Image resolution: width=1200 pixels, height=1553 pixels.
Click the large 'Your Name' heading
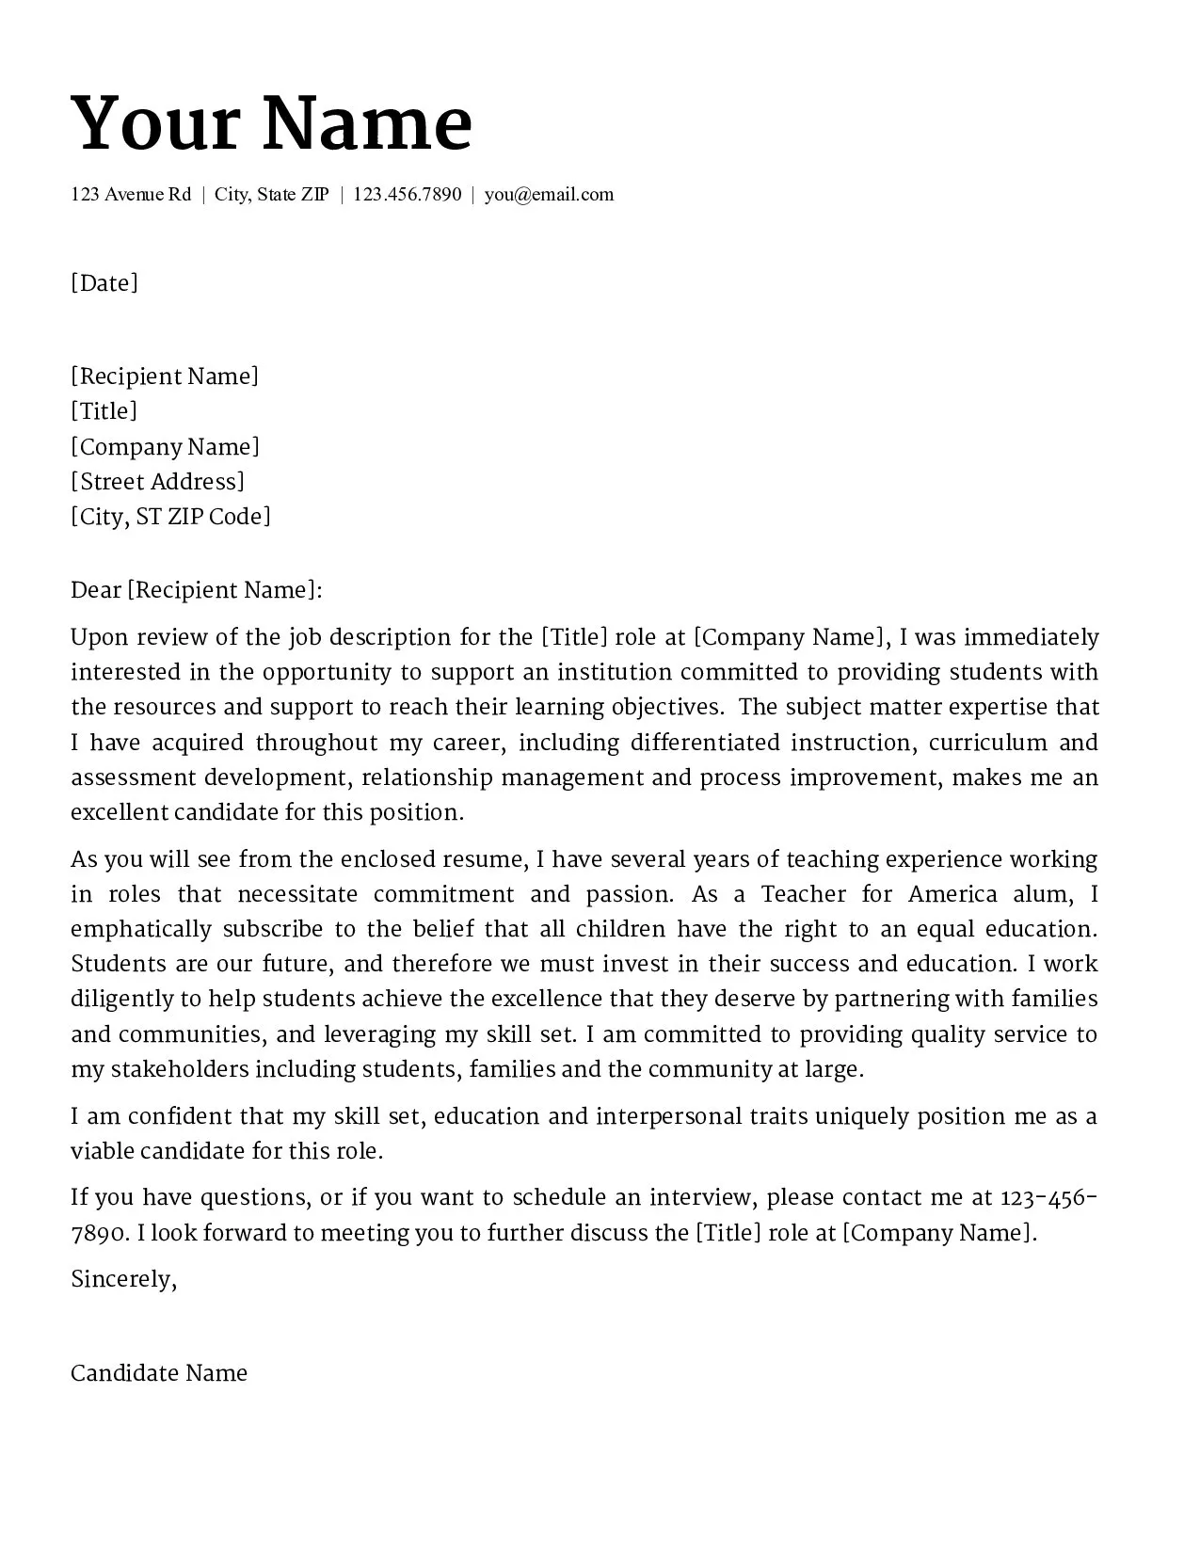pyautogui.click(x=271, y=123)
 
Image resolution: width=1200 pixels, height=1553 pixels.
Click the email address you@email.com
pyautogui.click(x=549, y=195)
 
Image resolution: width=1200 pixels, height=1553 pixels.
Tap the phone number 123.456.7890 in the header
pyautogui.click(x=408, y=195)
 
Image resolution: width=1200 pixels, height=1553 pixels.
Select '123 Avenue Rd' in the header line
pyautogui.click(x=131, y=195)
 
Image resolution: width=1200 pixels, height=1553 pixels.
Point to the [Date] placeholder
pyautogui.click(x=104, y=283)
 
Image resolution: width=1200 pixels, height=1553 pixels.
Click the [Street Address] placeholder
pyautogui.click(x=157, y=482)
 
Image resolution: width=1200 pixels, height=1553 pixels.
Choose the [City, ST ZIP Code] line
pyautogui.click(x=170, y=517)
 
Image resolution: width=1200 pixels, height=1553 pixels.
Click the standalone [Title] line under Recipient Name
pyautogui.click(x=104, y=411)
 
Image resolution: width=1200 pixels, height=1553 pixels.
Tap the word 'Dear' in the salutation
pyautogui.click(x=95, y=590)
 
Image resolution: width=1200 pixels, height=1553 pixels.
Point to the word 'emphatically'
pyautogui.click(x=141, y=930)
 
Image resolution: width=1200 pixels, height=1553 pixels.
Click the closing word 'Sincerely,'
pyautogui.click(x=123, y=1279)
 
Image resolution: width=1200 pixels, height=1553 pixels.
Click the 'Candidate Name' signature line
pyautogui.click(x=159, y=1373)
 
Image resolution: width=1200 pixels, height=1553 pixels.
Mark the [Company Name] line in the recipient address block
pyautogui.click(x=165, y=447)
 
